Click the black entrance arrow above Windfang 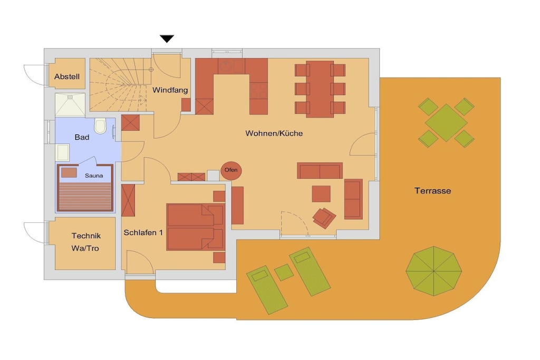point(167,38)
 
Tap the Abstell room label point(67,77)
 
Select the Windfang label point(170,90)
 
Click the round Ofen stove point(231,170)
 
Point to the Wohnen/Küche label point(274,133)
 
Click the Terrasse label point(432,191)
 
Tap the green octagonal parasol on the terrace point(433,271)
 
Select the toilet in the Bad point(100,126)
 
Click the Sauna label point(94,176)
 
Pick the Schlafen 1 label point(143,232)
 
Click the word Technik point(86,236)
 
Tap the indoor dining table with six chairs point(320,89)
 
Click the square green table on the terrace point(446,122)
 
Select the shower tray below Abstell point(70,105)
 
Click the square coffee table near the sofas point(321,194)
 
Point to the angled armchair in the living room point(324,218)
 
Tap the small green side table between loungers point(284,272)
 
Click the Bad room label point(82,138)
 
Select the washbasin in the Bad point(63,152)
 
